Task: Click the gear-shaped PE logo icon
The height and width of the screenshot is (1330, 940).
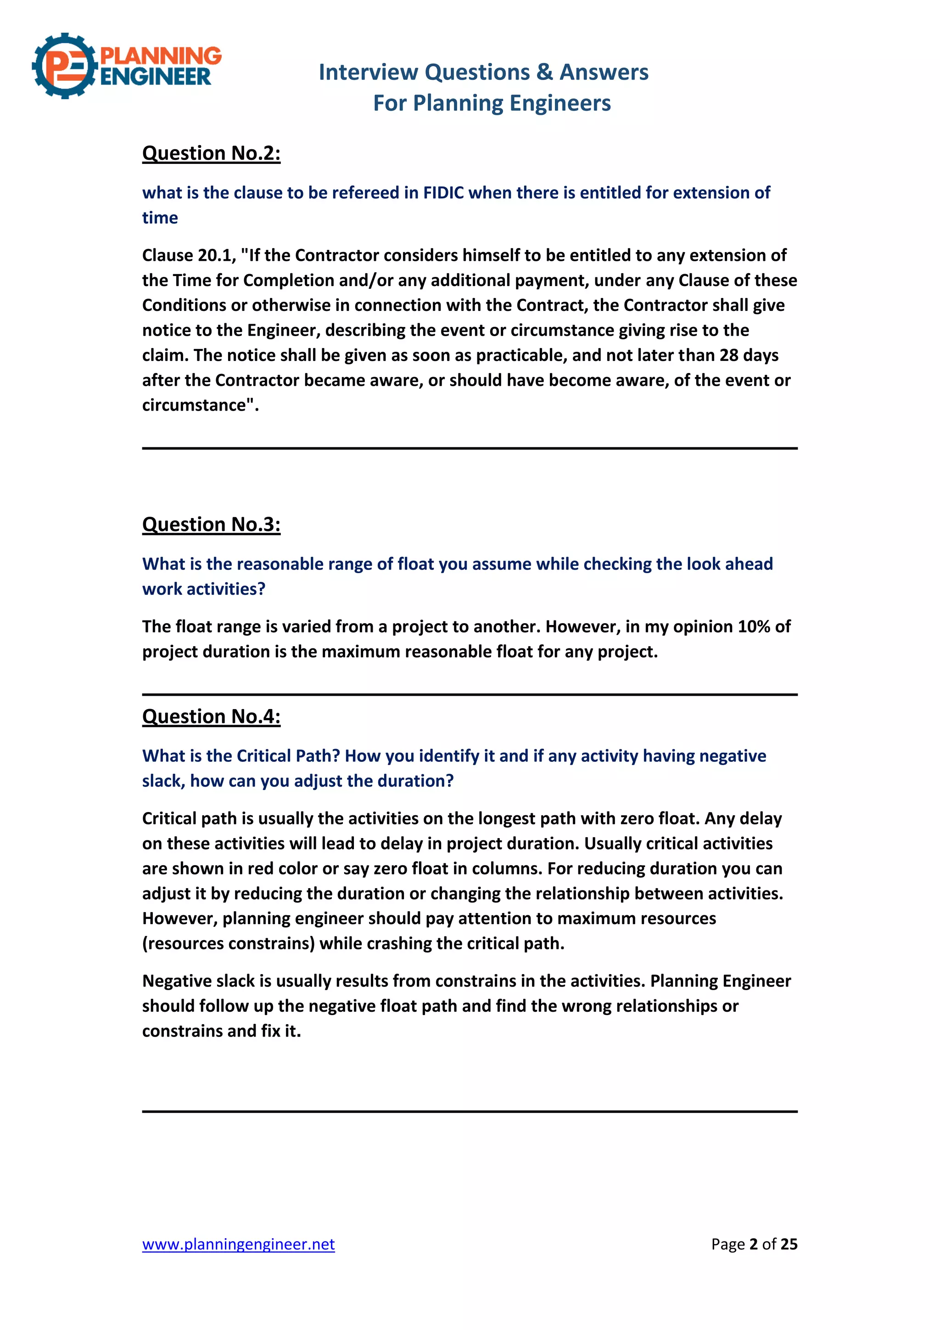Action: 64,66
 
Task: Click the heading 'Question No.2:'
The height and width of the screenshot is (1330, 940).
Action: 211,153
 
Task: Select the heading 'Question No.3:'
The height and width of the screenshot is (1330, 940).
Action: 211,524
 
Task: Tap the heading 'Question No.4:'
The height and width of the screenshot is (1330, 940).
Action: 211,716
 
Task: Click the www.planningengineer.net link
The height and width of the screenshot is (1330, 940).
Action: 239,1244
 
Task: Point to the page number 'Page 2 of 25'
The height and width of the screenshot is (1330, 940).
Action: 754,1244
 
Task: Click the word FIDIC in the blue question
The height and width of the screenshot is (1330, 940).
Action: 443,193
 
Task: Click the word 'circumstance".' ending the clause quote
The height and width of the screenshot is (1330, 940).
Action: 200,405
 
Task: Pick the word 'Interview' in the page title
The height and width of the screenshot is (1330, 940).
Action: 368,73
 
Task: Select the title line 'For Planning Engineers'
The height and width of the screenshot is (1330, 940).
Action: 492,103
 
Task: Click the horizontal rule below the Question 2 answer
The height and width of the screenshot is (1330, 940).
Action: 470,448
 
